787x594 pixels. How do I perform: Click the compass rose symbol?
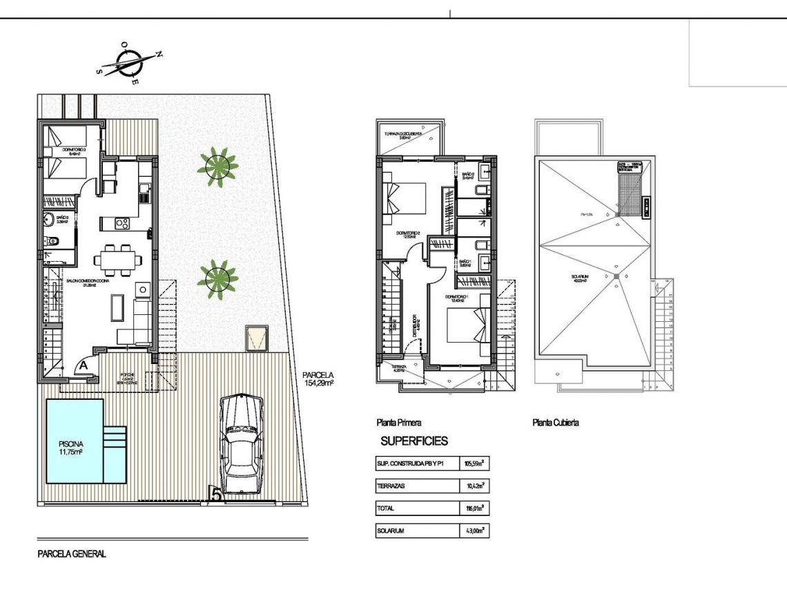(129, 63)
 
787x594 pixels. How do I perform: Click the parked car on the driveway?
(241, 444)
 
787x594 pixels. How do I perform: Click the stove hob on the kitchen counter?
(122, 223)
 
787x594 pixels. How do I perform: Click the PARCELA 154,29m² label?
(318, 379)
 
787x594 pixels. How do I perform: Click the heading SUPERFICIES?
(414, 441)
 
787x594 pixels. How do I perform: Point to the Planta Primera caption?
(398, 423)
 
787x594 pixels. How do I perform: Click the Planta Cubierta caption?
(555, 423)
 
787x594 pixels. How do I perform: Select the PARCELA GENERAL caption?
(72, 554)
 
